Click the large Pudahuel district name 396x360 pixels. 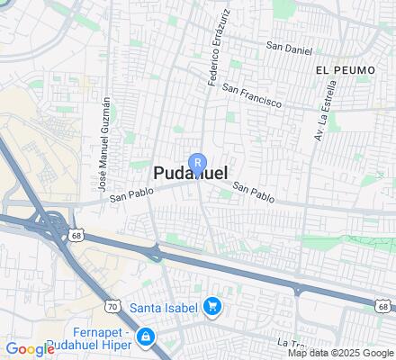[x=190, y=174]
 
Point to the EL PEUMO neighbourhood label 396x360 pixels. [x=340, y=68]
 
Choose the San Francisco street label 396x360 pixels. [x=252, y=96]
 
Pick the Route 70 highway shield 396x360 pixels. [x=112, y=306]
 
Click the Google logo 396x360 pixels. [x=29, y=349]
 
